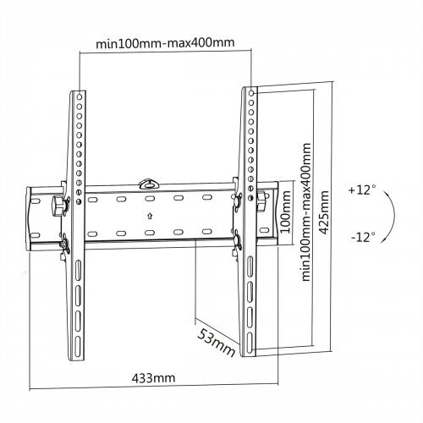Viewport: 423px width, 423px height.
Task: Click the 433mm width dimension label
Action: point(153,377)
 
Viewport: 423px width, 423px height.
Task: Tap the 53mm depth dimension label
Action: point(216,343)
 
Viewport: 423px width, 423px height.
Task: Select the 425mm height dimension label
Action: point(324,212)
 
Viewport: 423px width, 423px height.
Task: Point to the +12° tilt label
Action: point(362,190)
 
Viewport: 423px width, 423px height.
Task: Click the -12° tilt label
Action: point(363,237)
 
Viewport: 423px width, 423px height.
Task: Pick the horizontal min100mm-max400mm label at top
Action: point(165,43)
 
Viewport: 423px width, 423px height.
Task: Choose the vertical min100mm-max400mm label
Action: point(306,212)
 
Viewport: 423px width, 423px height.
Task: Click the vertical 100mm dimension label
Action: point(286,211)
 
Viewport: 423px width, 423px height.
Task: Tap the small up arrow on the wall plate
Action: point(150,216)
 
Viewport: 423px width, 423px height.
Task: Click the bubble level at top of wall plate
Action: point(149,184)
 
